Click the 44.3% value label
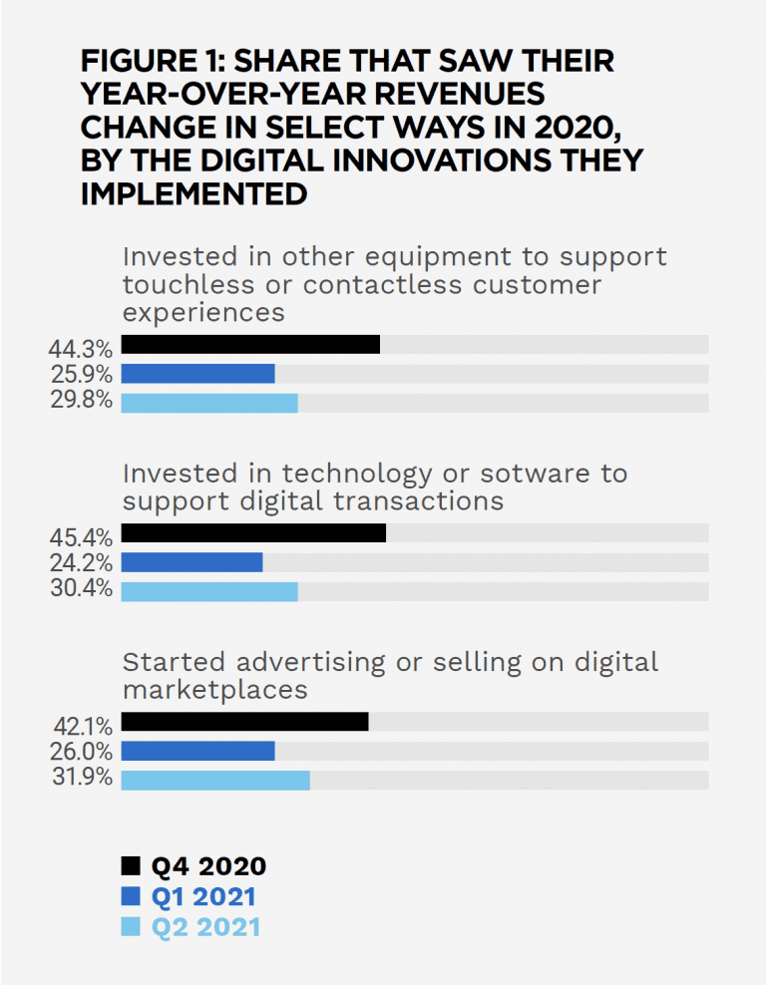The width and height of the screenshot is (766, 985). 80,349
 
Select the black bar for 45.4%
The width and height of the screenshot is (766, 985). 253,533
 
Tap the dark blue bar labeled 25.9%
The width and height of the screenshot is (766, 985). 197,374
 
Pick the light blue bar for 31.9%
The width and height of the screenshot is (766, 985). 214,780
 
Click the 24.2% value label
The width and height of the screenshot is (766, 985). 80,563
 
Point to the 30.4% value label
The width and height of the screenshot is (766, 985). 80,589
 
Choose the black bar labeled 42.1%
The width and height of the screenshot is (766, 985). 244,722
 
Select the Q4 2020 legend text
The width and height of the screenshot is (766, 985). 208,866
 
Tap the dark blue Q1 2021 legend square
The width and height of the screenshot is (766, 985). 131,896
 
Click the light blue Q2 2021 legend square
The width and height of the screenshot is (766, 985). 131,926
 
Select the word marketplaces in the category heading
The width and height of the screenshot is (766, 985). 214,689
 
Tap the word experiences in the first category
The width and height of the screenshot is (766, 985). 203,312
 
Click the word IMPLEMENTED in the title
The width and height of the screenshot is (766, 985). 193,193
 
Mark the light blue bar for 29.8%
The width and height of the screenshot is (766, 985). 209,403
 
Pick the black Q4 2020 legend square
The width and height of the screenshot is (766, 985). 131,866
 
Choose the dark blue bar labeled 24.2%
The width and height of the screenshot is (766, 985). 191,562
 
